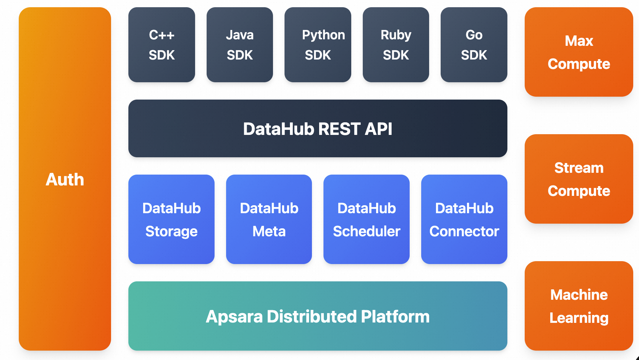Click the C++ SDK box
point(162,45)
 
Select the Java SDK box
point(239,45)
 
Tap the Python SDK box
point(318,45)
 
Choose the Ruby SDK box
point(396,45)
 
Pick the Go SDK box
point(474,45)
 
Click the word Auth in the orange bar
point(65,180)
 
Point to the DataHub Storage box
point(171,219)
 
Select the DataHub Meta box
point(269,219)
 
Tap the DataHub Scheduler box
point(366,219)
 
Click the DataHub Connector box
point(464,219)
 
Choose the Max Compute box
point(579,52)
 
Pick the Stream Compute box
point(579,179)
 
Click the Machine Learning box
point(579,306)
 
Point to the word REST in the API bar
point(339,129)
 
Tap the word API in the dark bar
point(378,129)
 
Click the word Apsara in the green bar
point(234,317)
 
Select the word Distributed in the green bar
point(312,317)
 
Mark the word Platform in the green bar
point(395,317)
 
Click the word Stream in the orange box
point(579,168)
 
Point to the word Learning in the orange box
point(579,318)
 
